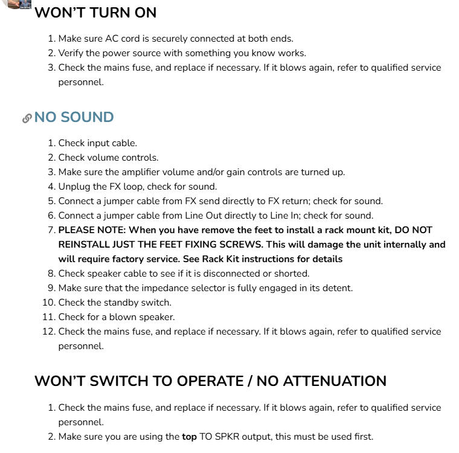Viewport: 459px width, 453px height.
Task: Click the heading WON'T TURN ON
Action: pyautogui.click(x=95, y=13)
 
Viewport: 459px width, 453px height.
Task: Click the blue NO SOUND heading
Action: pyautogui.click(x=74, y=117)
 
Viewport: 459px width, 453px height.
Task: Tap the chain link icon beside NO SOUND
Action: pyautogui.click(x=27, y=118)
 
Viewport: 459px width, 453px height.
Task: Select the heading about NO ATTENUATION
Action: pyautogui.click(x=210, y=381)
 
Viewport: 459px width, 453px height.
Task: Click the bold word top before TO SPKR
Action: pyautogui.click(x=189, y=437)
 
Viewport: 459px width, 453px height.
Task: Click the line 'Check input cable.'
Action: pyautogui.click(x=97, y=143)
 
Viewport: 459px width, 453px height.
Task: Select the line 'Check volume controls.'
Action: pyautogui.click(x=108, y=158)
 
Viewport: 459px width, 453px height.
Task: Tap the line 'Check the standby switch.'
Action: pyautogui.click(x=115, y=303)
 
